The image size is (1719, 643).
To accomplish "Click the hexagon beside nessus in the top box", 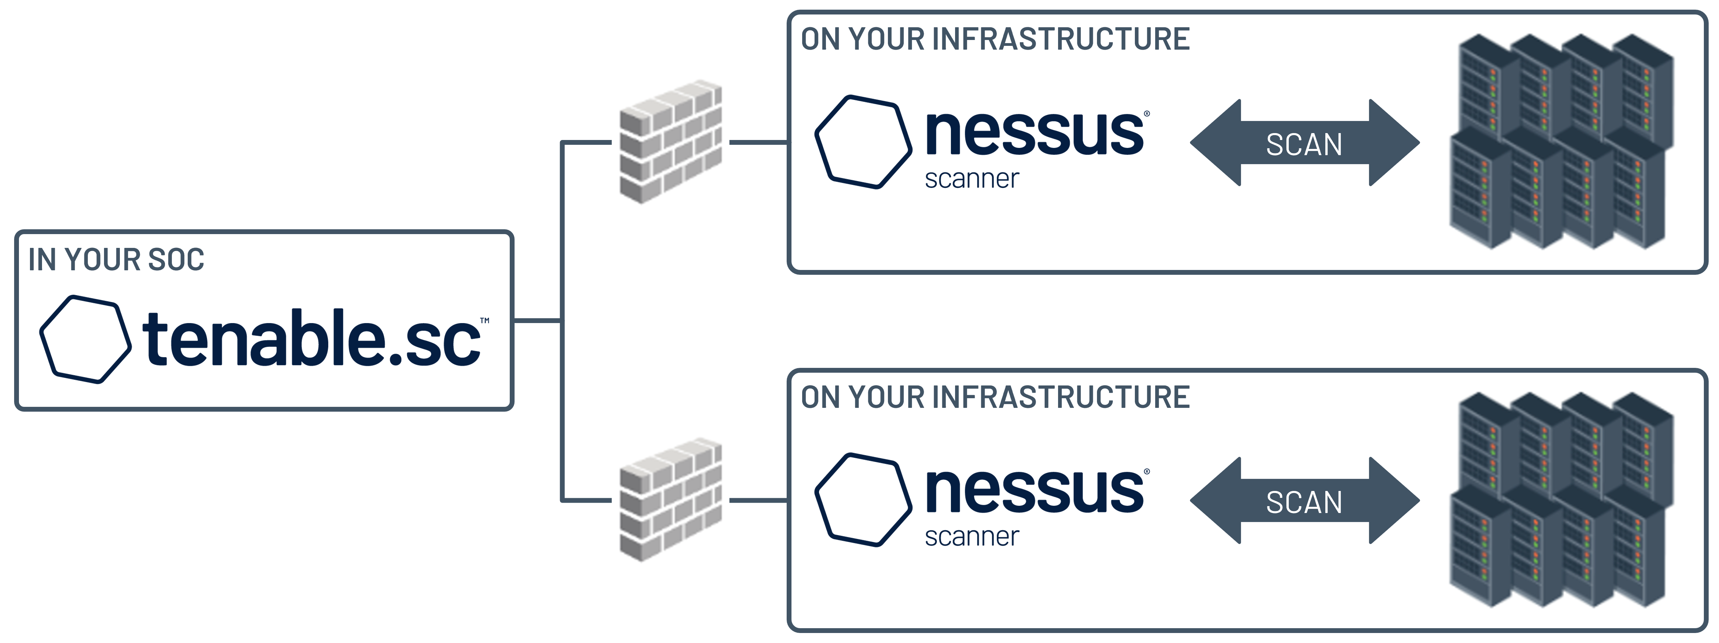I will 863,142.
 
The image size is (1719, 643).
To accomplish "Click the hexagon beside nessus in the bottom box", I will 863,500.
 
